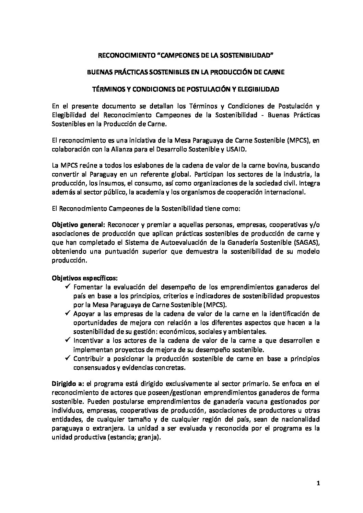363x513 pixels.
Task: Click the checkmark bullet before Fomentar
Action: point(68,286)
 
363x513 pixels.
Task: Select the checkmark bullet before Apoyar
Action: point(68,314)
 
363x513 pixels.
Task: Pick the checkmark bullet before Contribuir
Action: point(68,359)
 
